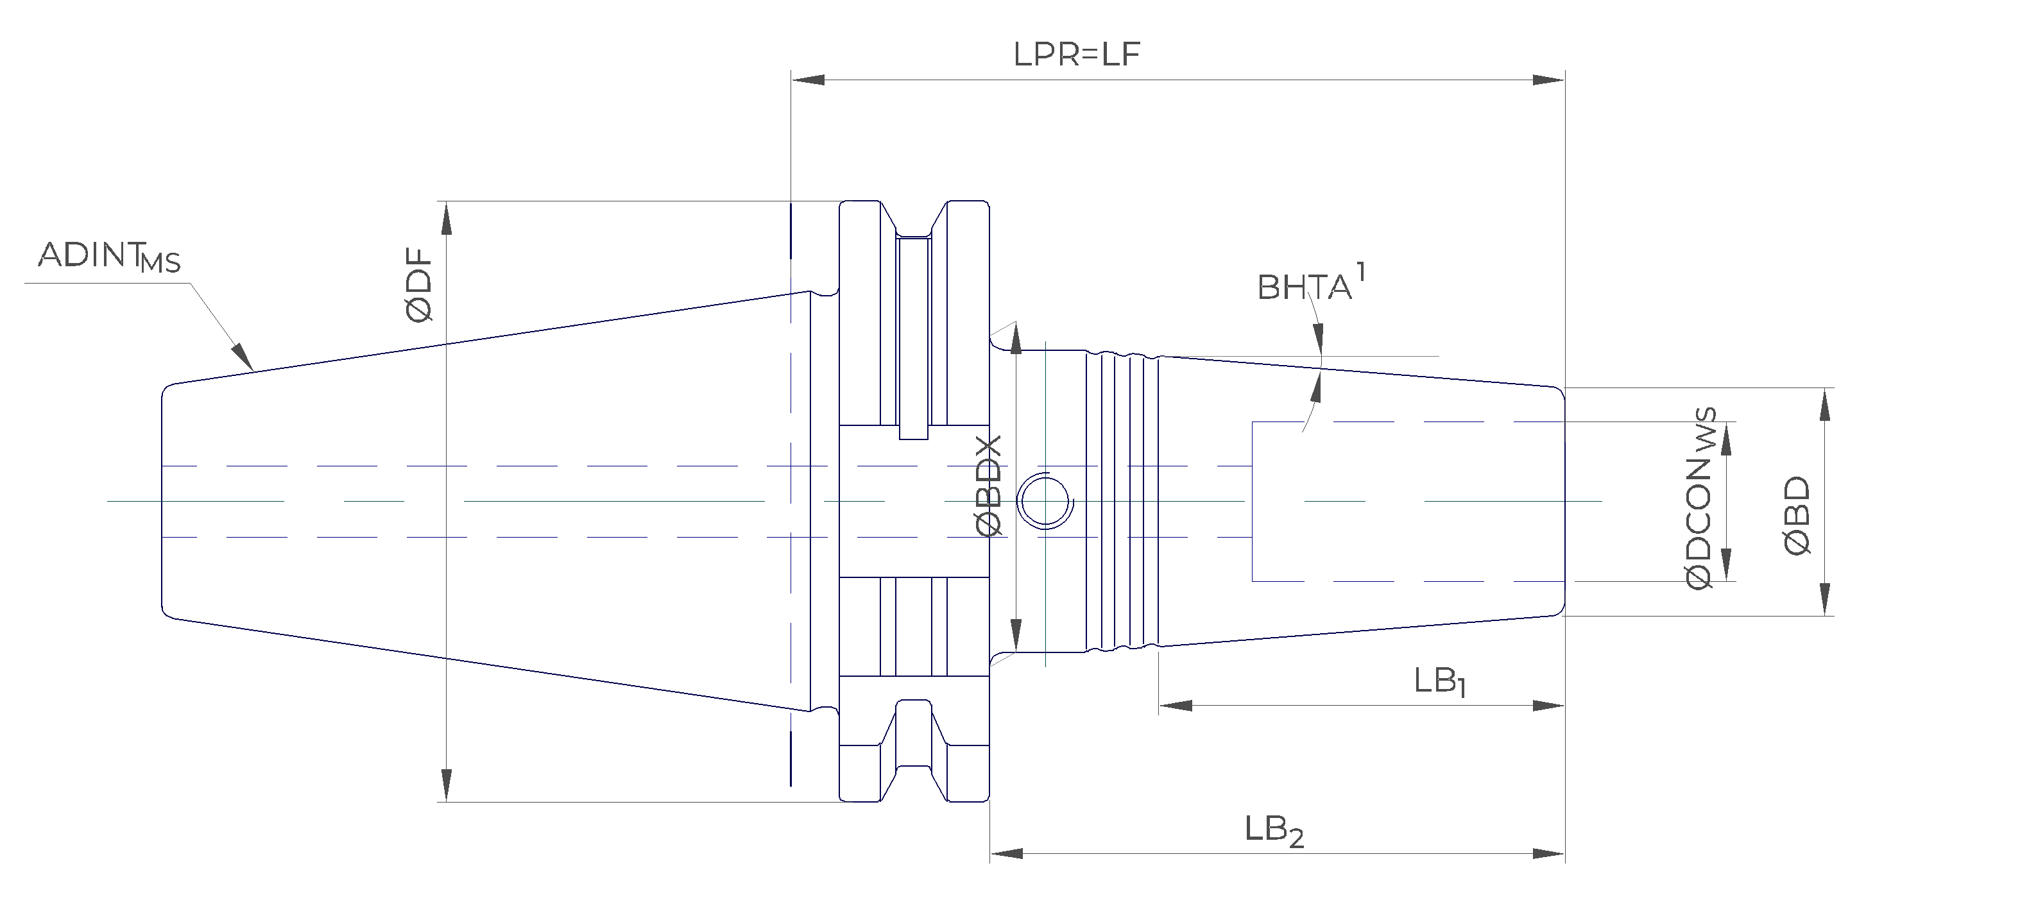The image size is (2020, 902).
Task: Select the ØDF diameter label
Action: pos(420,285)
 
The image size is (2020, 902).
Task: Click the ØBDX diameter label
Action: pos(990,486)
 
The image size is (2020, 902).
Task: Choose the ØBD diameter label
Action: pos(1798,516)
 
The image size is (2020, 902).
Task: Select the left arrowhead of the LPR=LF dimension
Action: pos(808,79)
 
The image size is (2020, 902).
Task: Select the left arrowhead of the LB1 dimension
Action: pos(1175,705)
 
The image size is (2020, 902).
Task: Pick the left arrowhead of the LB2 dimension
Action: pos(1006,853)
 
